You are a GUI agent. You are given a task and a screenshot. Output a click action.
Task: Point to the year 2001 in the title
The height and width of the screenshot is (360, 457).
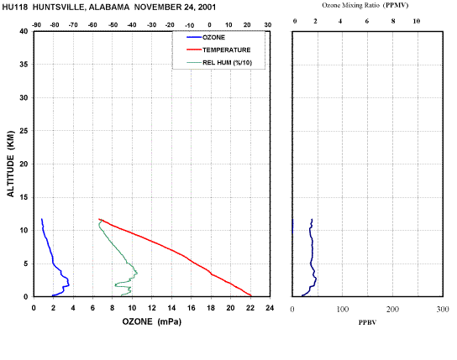pos(207,8)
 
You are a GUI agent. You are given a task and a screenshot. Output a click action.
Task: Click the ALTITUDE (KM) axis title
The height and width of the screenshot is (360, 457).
pos(10,164)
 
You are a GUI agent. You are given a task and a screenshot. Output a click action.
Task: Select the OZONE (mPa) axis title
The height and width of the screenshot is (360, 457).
pos(151,321)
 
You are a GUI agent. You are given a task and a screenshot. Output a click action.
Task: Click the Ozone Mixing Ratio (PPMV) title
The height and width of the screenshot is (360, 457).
pos(365,5)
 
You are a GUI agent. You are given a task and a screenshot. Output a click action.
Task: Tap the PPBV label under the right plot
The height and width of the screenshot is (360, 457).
pos(367,322)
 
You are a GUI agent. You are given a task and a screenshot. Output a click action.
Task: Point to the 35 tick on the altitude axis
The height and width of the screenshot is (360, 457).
pos(24,65)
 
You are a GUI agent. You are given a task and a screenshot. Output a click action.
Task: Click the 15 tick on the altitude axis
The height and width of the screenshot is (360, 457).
pos(24,197)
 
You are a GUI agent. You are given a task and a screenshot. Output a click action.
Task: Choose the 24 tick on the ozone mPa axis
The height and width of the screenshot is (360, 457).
pos(270,308)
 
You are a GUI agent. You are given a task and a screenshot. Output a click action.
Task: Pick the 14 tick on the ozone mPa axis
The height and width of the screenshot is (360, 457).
pos(171,308)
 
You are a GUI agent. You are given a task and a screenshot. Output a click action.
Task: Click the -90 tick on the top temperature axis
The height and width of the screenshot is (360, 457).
pos(36,25)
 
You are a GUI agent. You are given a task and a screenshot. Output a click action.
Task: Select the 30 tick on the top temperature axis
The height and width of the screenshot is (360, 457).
pos(267,25)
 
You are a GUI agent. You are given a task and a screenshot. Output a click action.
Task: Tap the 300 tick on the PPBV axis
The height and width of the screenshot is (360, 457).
pos(443,310)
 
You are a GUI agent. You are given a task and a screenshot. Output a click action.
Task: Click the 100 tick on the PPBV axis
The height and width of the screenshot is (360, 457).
pos(343,310)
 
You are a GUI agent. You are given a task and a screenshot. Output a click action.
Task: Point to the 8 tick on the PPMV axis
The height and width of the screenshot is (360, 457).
pos(393,21)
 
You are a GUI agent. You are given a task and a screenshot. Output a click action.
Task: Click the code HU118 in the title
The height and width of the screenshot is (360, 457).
pos(15,8)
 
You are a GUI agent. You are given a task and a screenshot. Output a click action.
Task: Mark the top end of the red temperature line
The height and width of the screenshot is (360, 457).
pos(99,219)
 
